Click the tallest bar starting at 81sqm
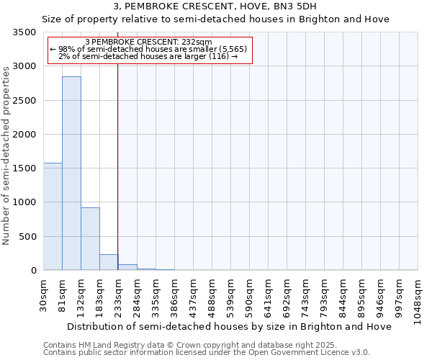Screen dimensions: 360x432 pyautogui.click(x=71, y=173)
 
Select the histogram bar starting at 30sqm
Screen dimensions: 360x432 pyautogui.click(x=53, y=216)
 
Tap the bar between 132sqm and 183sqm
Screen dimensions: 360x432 pyautogui.click(x=90, y=238)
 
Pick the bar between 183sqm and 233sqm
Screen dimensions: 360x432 pyautogui.click(x=109, y=262)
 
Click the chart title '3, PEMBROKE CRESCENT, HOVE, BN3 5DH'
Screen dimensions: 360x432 pyautogui.click(x=215, y=7)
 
